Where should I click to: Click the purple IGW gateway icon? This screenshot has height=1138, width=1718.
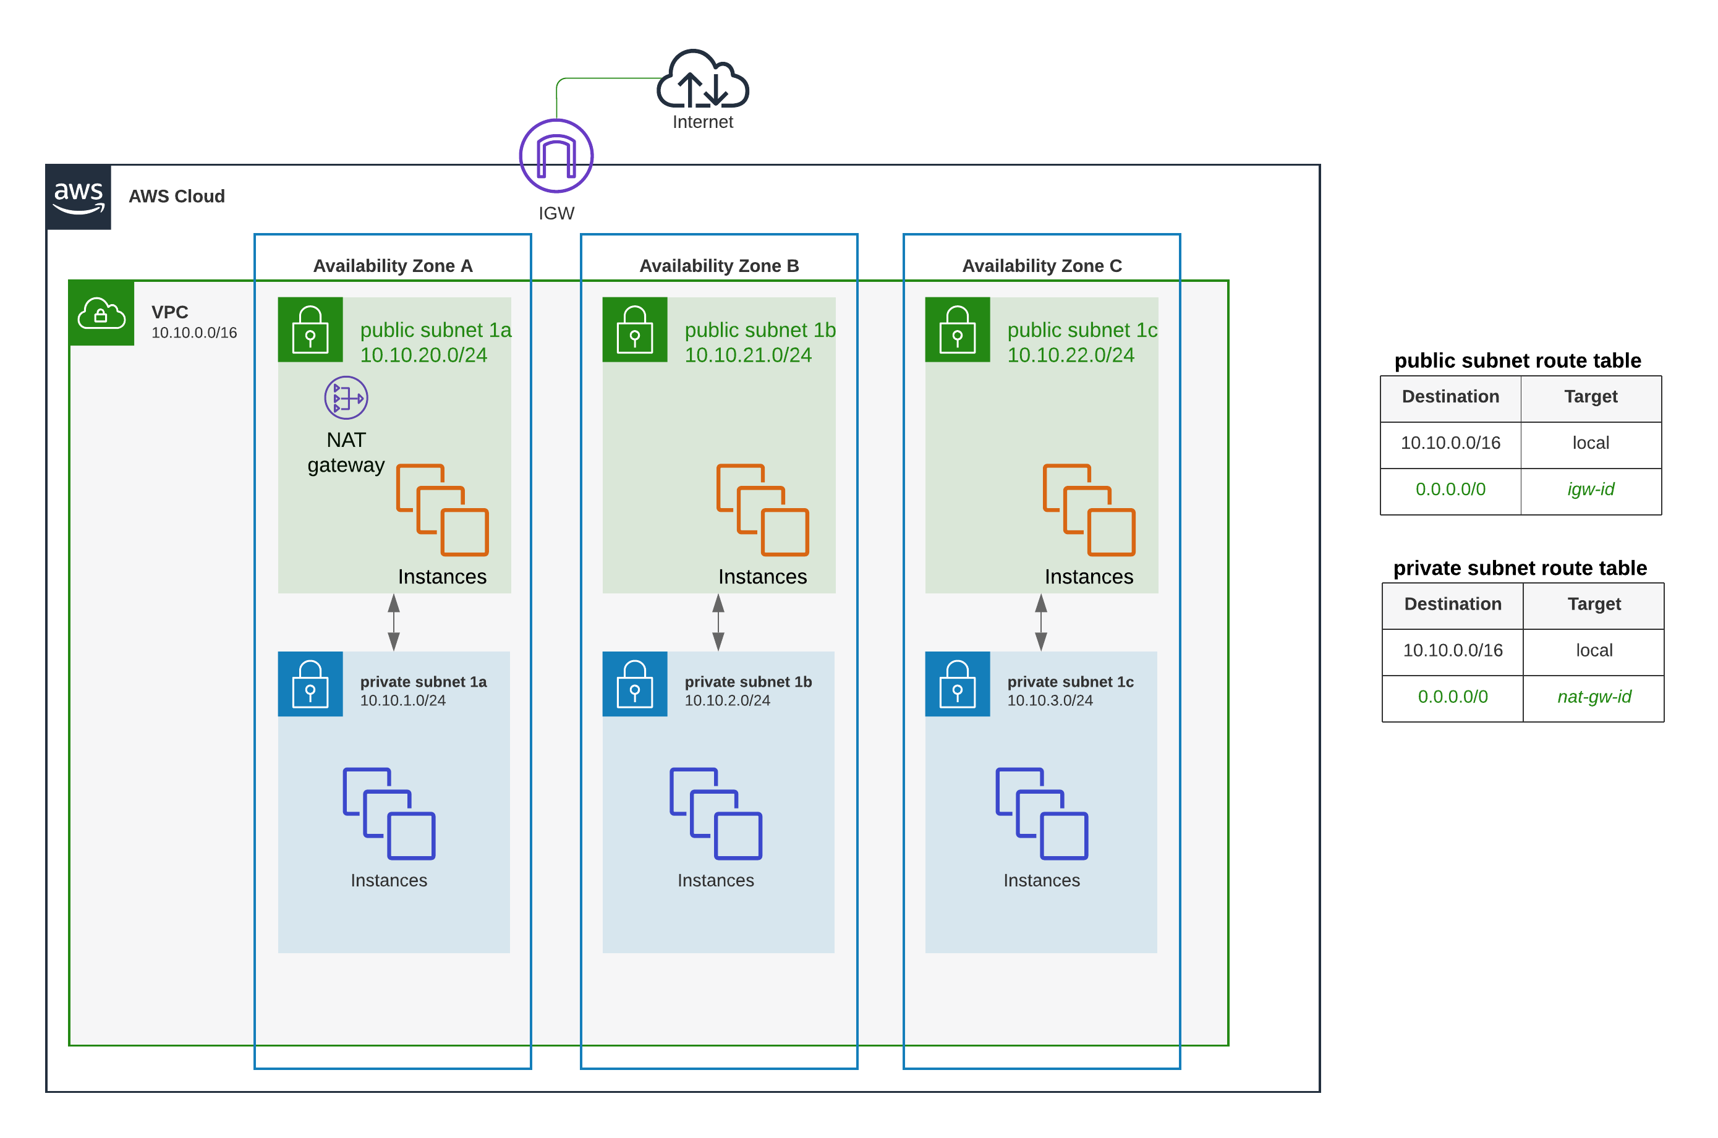[x=556, y=155]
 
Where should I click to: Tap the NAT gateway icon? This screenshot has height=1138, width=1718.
[x=346, y=397]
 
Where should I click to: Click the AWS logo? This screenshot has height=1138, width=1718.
[x=79, y=197]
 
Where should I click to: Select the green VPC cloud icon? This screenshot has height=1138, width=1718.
[x=101, y=313]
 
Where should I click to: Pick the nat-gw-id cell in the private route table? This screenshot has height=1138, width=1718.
[x=1593, y=697]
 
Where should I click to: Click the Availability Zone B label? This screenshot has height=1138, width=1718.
[x=718, y=266]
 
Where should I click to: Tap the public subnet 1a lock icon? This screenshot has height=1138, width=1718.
[x=310, y=329]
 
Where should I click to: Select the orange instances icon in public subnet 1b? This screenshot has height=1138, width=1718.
[x=762, y=509]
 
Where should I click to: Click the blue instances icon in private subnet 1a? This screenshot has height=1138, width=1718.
[x=389, y=813]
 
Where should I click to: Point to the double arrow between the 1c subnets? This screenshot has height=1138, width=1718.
[x=1041, y=622]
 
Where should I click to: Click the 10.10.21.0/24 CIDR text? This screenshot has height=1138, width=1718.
[x=747, y=355]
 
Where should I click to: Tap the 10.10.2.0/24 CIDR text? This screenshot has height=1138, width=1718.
[x=726, y=700]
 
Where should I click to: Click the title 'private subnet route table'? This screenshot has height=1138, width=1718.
[x=1519, y=567]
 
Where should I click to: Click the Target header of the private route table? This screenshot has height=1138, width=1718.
[x=1593, y=604]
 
